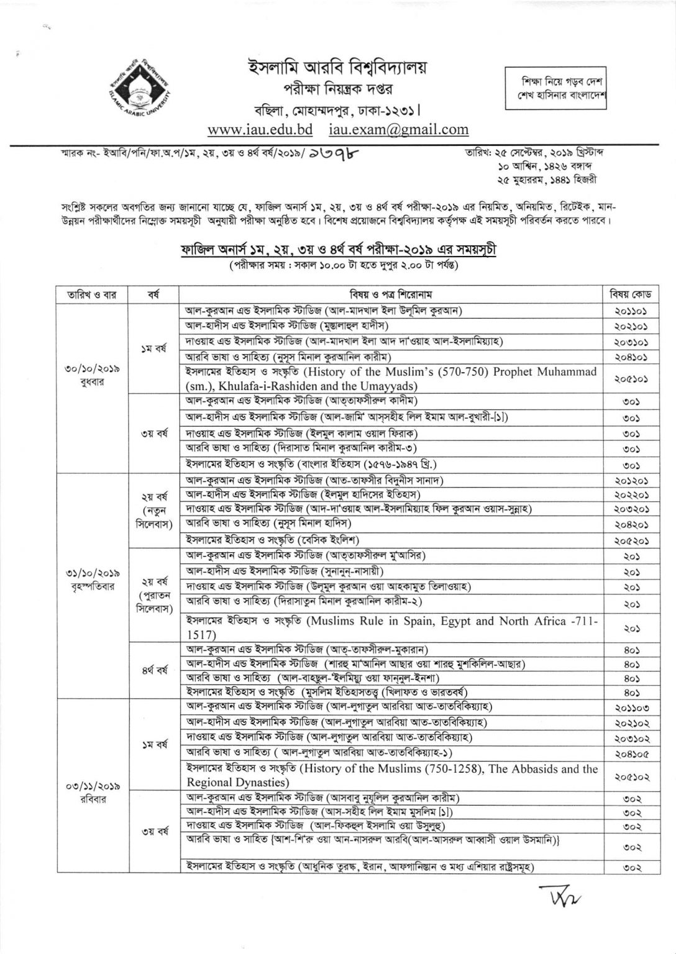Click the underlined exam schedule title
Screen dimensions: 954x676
(339, 251)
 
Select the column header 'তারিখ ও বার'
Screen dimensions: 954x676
(92, 294)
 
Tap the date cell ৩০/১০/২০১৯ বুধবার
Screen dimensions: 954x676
(92, 375)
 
